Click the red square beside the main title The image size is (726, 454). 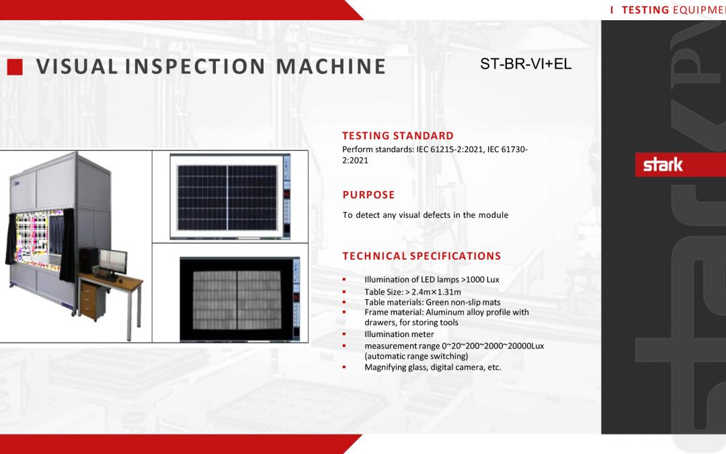tap(15, 67)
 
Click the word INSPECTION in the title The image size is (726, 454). tap(195, 66)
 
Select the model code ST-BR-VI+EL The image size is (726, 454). tap(526, 64)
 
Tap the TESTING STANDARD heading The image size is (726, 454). tap(398, 136)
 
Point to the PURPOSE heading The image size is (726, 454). tap(368, 194)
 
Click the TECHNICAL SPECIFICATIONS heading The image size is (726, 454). tap(421, 256)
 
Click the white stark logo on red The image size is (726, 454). tap(663, 165)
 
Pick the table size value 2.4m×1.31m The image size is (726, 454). tap(436, 292)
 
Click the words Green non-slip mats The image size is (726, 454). tap(463, 303)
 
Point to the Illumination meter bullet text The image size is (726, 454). tap(399, 334)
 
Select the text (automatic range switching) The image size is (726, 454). tap(416, 356)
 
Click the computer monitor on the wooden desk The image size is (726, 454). tap(113, 262)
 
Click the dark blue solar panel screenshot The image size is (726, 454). tap(227, 198)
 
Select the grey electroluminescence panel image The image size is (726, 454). tap(237, 300)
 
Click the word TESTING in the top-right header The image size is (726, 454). tap(645, 10)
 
